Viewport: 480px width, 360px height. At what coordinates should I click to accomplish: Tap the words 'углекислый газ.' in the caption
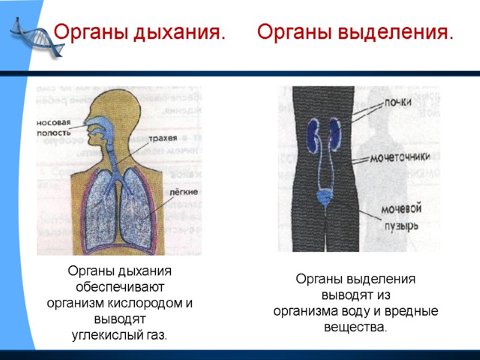pos(119,334)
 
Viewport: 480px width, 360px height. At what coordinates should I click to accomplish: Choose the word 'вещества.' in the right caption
pos(355,328)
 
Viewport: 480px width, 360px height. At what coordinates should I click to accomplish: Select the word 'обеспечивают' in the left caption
pos(120,287)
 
